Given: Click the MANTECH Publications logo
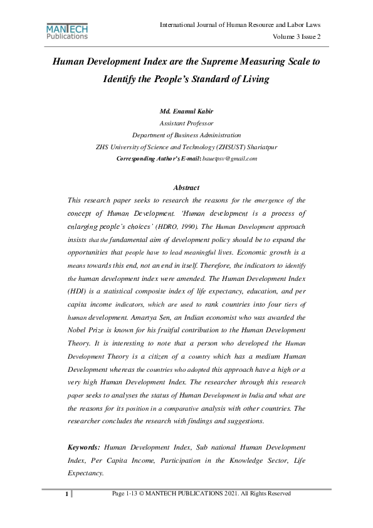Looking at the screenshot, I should [x=67, y=31].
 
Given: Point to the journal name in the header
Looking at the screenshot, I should [x=240, y=24].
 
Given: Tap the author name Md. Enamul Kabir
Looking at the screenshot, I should [x=186, y=112].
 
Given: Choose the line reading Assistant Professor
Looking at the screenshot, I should [x=186, y=124].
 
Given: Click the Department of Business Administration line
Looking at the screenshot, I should [x=186, y=135].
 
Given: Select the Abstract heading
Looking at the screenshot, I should [x=186, y=187].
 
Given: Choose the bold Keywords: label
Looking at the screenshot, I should [x=83, y=447].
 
